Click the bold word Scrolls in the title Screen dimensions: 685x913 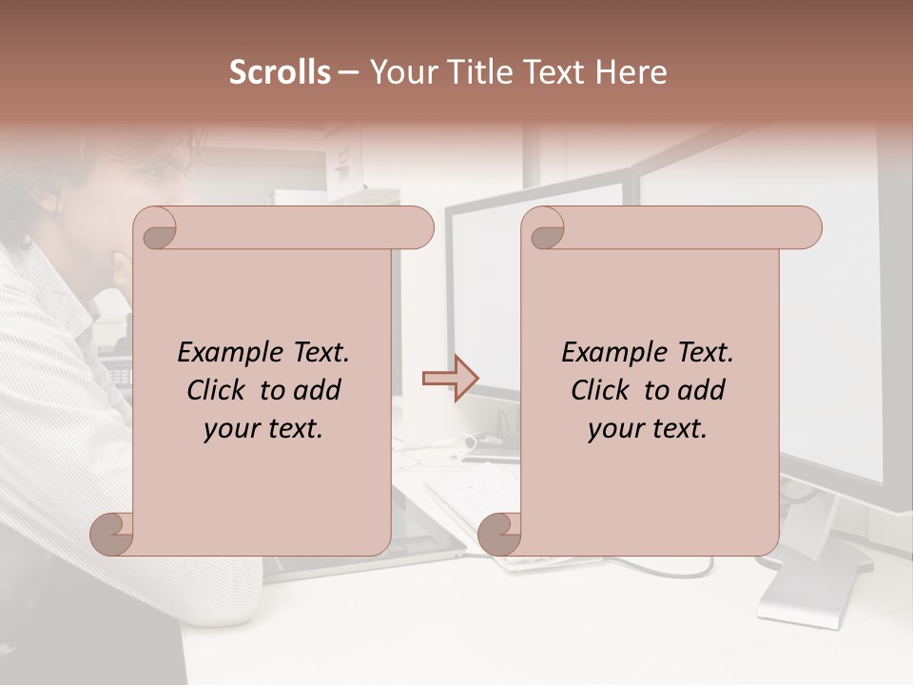pos(280,72)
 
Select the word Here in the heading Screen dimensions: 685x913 pos(631,72)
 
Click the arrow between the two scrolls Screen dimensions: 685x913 pos(450,379)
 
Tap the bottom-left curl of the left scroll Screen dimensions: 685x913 pos(112,533)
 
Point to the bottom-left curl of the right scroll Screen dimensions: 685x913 pos(499,533)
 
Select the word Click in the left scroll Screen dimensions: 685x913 pos(209,390)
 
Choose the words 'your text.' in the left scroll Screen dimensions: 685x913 pos(263,428)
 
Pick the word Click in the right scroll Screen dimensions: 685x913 pos(593,390)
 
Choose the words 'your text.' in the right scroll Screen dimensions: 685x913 pos(648,428)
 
